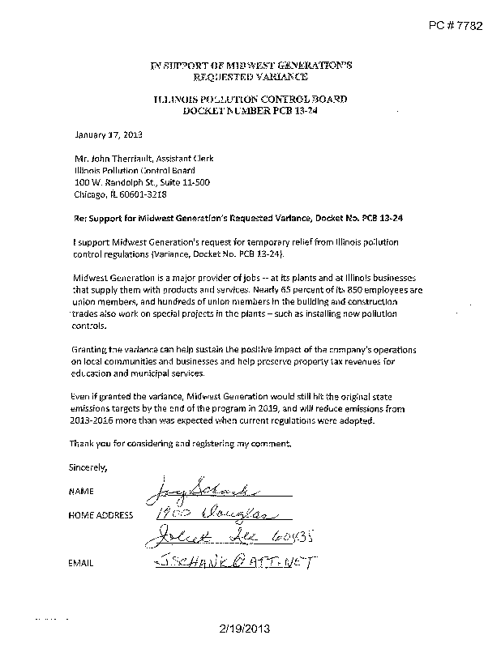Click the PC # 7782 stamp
455,26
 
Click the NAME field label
82,492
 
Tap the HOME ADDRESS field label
101,515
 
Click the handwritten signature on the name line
194,488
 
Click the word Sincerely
88,467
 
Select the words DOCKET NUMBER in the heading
224,109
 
